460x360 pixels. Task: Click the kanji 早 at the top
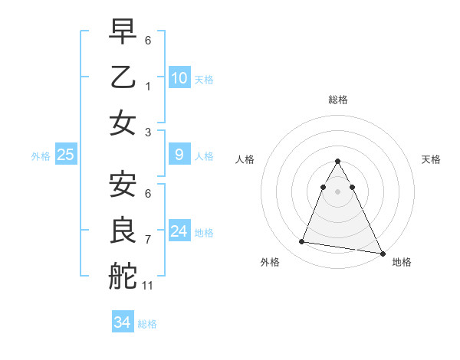tap(123, 32)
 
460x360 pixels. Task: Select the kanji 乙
tap(123, 78)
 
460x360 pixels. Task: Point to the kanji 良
tap(123, 231)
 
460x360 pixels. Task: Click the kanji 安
tap(123, 185)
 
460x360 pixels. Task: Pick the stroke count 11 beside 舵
tap(148, 286)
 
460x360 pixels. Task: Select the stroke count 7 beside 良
tap(148, 240)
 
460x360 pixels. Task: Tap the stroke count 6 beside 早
tap(148, 40)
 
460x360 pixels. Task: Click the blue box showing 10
tap(179, 78)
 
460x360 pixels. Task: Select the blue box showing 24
tap(179, 231)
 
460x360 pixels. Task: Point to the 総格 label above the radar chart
tap(337, 100)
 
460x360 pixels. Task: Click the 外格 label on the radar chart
tap(270, 262)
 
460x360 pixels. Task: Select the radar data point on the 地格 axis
tap(383, 254)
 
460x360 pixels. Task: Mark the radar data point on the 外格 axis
tap(302, 242)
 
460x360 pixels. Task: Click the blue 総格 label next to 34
tap(147, 324)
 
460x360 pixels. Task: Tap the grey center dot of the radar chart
tap(337, 191)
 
